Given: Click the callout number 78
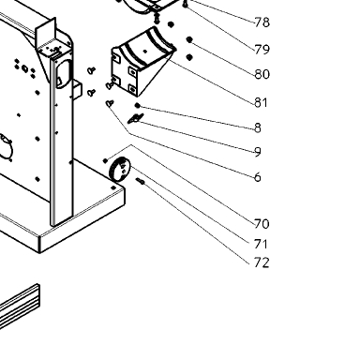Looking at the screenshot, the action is [x=262, y=22].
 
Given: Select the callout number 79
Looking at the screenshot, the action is [x=262, y=50].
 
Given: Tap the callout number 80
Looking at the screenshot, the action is [x=262, y=74].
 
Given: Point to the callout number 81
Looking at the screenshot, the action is [x=262, y=102].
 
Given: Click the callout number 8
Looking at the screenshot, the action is [x=258, y=127].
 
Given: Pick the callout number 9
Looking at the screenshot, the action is [x=258, y=152].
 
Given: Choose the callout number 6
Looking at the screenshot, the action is [x=258, y=177].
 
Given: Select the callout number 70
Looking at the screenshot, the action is [x=262, y=224].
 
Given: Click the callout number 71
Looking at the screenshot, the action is [x=261, y=244].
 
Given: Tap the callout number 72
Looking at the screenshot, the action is [x=262, y=262].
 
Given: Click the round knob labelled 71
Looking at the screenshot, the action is [x=119, y=169].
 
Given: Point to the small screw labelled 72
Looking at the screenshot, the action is [x=140, y=181].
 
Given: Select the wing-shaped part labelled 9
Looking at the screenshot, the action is [x=136, y=118].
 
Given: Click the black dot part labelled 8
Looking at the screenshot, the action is [x=137, y=106].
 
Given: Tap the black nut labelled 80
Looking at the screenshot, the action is [x=189, y=39].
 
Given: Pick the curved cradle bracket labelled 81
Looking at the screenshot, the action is [x=142, y=61].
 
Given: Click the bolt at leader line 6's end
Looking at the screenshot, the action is [x=110, y=103].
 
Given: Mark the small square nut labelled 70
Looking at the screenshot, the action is [x=105, y=161].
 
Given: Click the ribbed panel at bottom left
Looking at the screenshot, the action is [x=20, y=307].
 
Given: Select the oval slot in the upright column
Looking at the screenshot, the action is [x=64, y=72].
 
